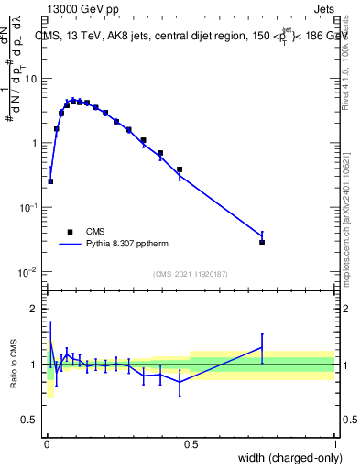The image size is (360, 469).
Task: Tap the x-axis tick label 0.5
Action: pos(190,443)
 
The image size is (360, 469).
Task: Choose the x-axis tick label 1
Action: pos(334,443)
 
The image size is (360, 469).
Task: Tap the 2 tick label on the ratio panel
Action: pos(34,309)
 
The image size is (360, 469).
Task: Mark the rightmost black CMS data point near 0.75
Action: pos(262,242)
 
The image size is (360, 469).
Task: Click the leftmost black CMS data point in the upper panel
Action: pos(50,181)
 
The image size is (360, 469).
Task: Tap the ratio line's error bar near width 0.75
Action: pos(262,347)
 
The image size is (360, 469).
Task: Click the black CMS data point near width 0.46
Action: pos(180,169)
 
